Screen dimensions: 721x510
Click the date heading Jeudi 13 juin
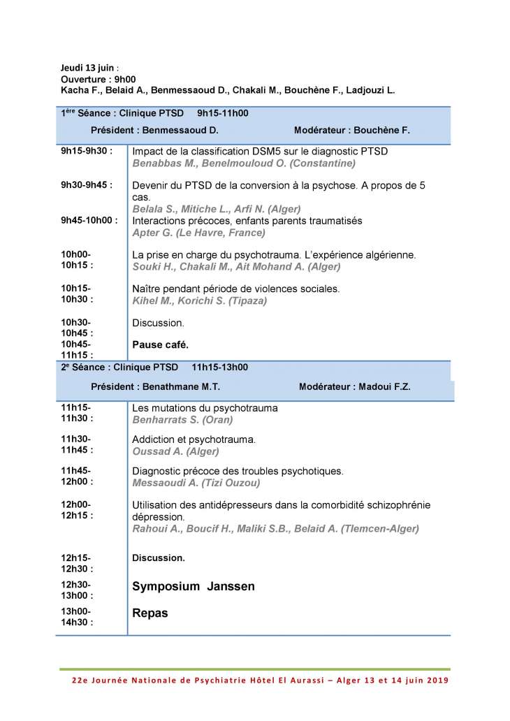[x=87, y=68]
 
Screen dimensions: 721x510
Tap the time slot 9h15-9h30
[x=87, y=151]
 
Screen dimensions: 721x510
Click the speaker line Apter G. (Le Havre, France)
[x=199, y=233]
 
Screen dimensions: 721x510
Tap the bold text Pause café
[x=160, y=344]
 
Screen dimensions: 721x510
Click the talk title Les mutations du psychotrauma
[x=205, y=408]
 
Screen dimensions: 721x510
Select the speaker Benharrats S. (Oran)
[x=182, y=420]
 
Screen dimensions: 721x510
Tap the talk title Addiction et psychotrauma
[x=194, y=439]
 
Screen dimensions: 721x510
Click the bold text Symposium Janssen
[x=193, y=587]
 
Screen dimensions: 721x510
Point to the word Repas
[x=150, y=613]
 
